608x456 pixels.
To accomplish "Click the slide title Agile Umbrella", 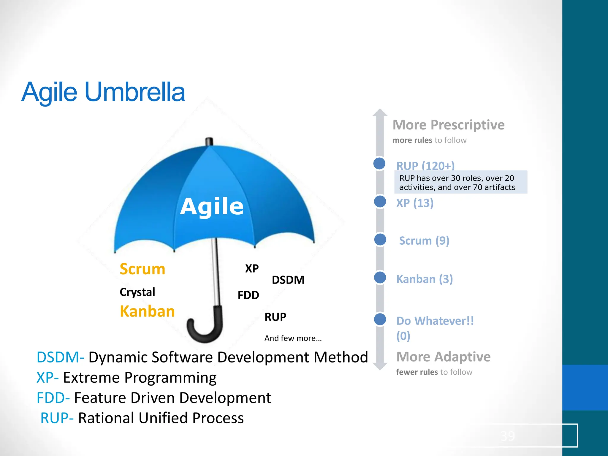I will (x=103, y=92).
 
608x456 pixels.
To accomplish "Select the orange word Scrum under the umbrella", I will (x=142, y=269).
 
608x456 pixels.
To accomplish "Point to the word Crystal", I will (x=137, y=292).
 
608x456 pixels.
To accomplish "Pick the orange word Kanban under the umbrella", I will (x=147, y=311).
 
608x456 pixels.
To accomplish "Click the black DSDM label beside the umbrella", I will (x=288, y=280).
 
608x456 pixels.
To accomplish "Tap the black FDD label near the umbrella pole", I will (x=248, y=295).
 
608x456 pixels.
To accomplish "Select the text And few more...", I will (x=293, y=338).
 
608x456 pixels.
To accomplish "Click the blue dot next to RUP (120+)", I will (x=379, y=163).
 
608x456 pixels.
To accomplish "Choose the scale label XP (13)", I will (x=415, y=203).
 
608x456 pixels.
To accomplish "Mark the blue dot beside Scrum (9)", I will (x=380, y=240).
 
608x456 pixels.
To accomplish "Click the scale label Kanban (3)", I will (x=424, y=279).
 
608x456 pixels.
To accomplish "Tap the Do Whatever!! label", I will (x=435, y=321).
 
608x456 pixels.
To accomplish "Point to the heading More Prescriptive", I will (x=448, y=125).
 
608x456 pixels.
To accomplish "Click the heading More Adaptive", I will (x=443, y=357).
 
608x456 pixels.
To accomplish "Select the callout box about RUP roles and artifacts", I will (x=460, y=183).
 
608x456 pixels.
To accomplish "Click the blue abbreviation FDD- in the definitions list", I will (x=53, y=398).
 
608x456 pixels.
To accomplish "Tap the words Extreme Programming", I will (x=140, y=378).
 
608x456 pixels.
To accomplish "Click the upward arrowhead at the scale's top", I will (x=380, y=113).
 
